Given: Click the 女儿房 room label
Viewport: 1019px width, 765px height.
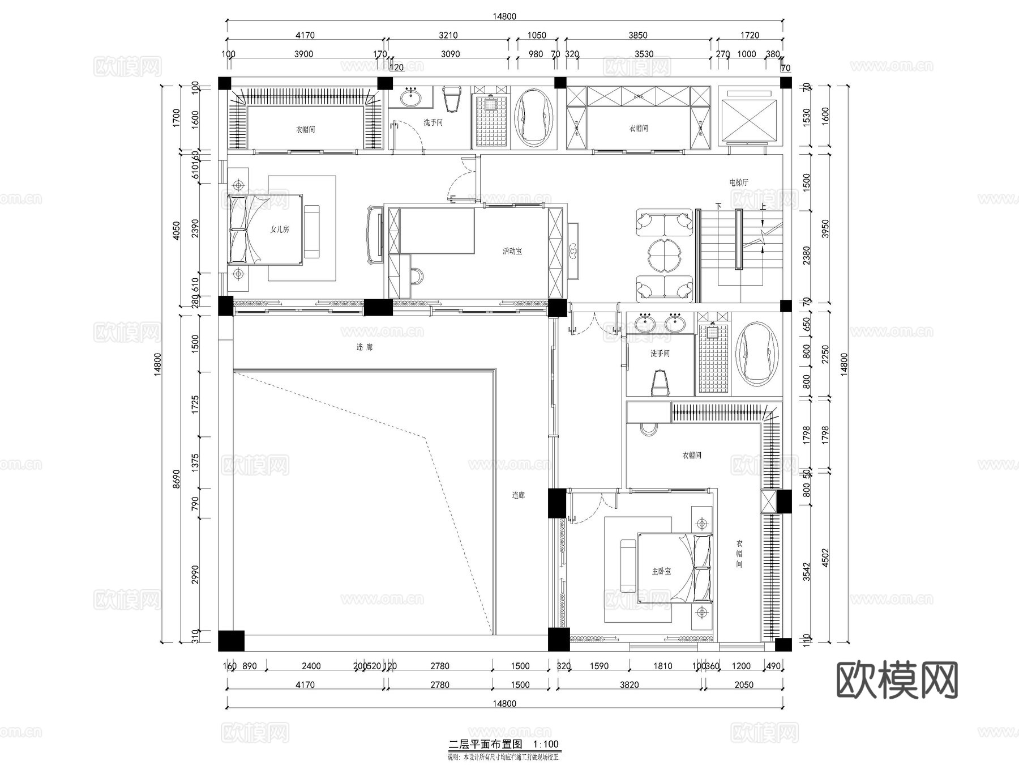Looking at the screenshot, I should (280, 229).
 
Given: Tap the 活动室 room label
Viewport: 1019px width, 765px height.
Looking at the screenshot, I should (512, 251).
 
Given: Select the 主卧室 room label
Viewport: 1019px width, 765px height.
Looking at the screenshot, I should (661, 571).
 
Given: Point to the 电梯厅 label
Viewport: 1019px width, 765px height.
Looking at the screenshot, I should (739, 182).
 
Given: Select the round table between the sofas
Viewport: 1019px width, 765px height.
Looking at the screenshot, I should (664, 256).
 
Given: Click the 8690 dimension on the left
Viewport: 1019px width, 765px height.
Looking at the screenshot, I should (176, 479).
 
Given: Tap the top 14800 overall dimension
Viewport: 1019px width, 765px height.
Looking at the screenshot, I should (504, 16).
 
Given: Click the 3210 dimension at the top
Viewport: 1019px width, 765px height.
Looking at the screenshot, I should (448, 35).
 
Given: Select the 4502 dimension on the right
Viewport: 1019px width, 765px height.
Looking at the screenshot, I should (825, 557).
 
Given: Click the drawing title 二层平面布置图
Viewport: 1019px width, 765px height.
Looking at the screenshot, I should (485, 744).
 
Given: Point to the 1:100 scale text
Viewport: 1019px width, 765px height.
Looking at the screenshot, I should (546, 744).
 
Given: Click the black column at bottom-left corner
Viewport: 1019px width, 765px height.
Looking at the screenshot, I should (231, 641).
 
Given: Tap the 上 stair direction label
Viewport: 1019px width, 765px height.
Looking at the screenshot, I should (763, 207).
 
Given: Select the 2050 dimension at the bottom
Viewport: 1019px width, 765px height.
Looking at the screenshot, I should (743, 685).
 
